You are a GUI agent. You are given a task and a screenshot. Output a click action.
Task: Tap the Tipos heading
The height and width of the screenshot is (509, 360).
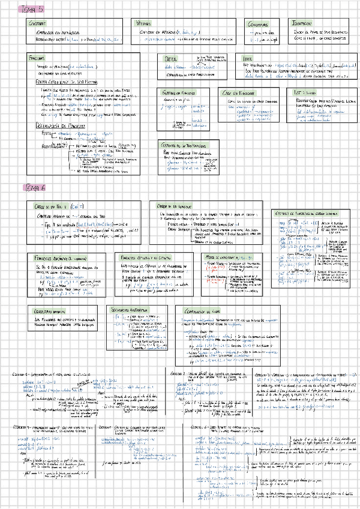coord(248,58)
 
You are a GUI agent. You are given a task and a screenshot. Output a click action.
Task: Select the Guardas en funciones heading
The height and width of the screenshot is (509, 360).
coord(181,93)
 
